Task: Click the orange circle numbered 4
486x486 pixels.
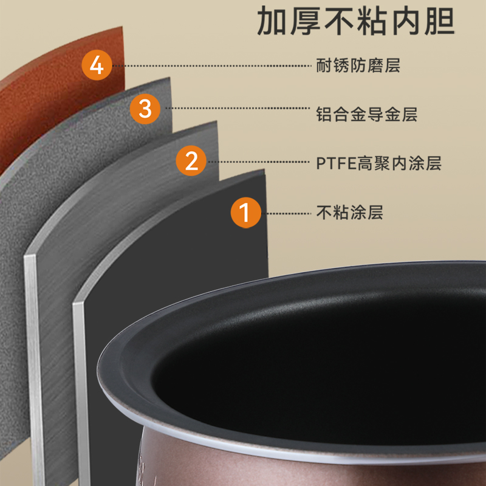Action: coord(97,64)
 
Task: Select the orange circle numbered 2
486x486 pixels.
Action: coord(191,162)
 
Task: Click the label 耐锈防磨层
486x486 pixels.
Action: coord(358,65)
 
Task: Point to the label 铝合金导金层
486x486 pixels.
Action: coord(366,114)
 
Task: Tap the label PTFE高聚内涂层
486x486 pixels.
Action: coord(378,163)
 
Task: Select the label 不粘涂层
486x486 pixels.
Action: coord(349,213)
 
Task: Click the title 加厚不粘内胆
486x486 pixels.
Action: coord(357,22)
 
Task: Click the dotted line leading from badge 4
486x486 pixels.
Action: coord(213,65)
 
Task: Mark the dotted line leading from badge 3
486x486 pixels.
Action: coord(237,109)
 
